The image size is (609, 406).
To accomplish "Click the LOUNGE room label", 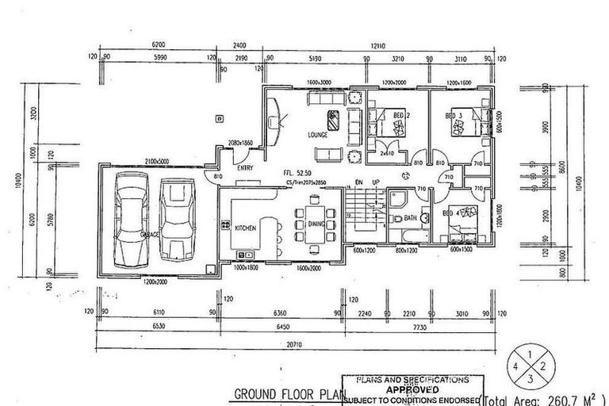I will [318, 135].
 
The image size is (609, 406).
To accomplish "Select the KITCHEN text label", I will [246, 228].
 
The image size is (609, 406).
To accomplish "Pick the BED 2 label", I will [401, 116].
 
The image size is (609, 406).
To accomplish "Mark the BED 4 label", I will [454, 212].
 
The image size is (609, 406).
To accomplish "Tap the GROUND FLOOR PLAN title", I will [283, 394].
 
